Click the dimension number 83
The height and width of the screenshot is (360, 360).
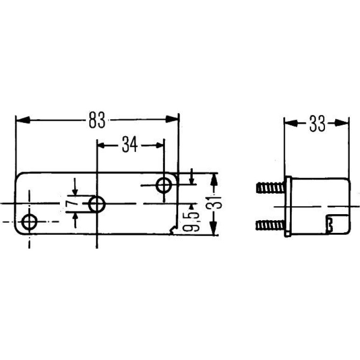tap(97, 120)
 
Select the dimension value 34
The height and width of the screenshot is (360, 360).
tap(130, 144)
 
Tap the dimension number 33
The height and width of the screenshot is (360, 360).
tap(317, 123)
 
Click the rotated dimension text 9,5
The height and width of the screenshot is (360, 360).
tap(191, 221)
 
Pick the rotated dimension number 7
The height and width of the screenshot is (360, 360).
tap(70, 204)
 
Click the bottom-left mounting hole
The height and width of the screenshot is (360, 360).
tap(29, 222)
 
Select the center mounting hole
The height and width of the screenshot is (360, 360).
tap(97, 204)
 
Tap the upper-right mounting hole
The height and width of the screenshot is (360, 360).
tap(164, 185)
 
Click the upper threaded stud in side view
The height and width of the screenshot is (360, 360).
tap(270, 187)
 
